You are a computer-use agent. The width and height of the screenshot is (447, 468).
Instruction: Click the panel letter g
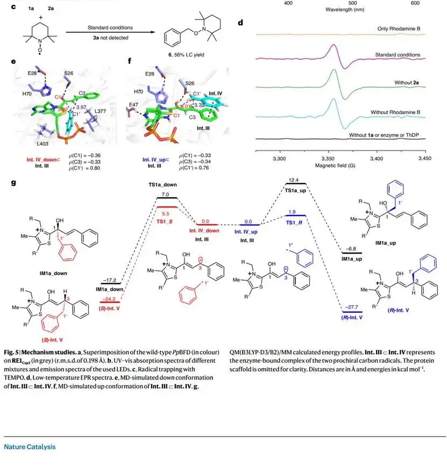(x=12, y=183)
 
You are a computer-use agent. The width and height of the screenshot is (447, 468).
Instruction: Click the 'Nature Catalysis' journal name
(x=30, y=447)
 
